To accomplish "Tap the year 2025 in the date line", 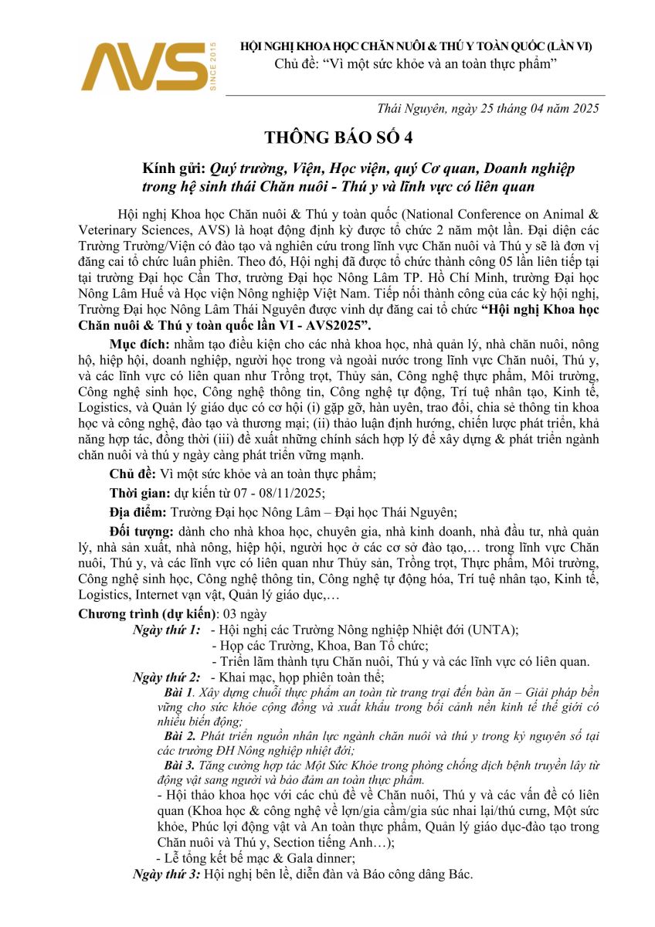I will coord(584,109).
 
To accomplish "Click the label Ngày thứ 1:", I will coord(166,630).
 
